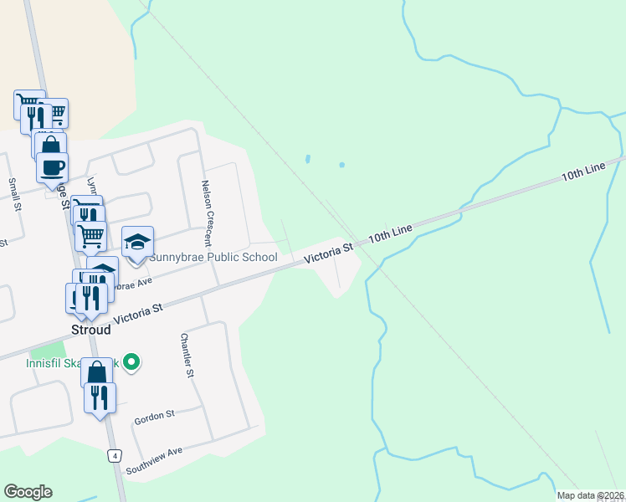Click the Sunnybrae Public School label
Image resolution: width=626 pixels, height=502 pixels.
click(213, 257)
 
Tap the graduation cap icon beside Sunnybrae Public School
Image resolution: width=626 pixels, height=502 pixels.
click(138, 243)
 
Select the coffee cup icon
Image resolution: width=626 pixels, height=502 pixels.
click(52, 167)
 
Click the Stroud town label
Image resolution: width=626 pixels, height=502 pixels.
click(90, 330)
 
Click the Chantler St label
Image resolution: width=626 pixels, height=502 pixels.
click(187, 356)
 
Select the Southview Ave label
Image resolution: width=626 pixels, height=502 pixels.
click(154, 460)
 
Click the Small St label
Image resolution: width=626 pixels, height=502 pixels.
click(13, 194)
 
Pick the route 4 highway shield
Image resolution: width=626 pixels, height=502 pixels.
click(115, 456)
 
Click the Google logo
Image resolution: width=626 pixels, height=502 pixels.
click(28, 492)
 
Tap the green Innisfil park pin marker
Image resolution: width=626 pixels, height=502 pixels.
click(131, 362)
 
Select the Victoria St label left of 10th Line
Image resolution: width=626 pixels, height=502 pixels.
click(329, 251)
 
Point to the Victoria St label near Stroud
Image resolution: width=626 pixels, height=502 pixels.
click(137, 314)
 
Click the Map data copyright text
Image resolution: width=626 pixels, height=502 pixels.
click(591, 495)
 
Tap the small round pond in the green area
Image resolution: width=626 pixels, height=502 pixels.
click(341, 165)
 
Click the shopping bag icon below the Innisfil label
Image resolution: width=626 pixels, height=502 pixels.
click(96, 372)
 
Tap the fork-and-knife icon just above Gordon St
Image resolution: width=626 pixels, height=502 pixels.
click(100, 397)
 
